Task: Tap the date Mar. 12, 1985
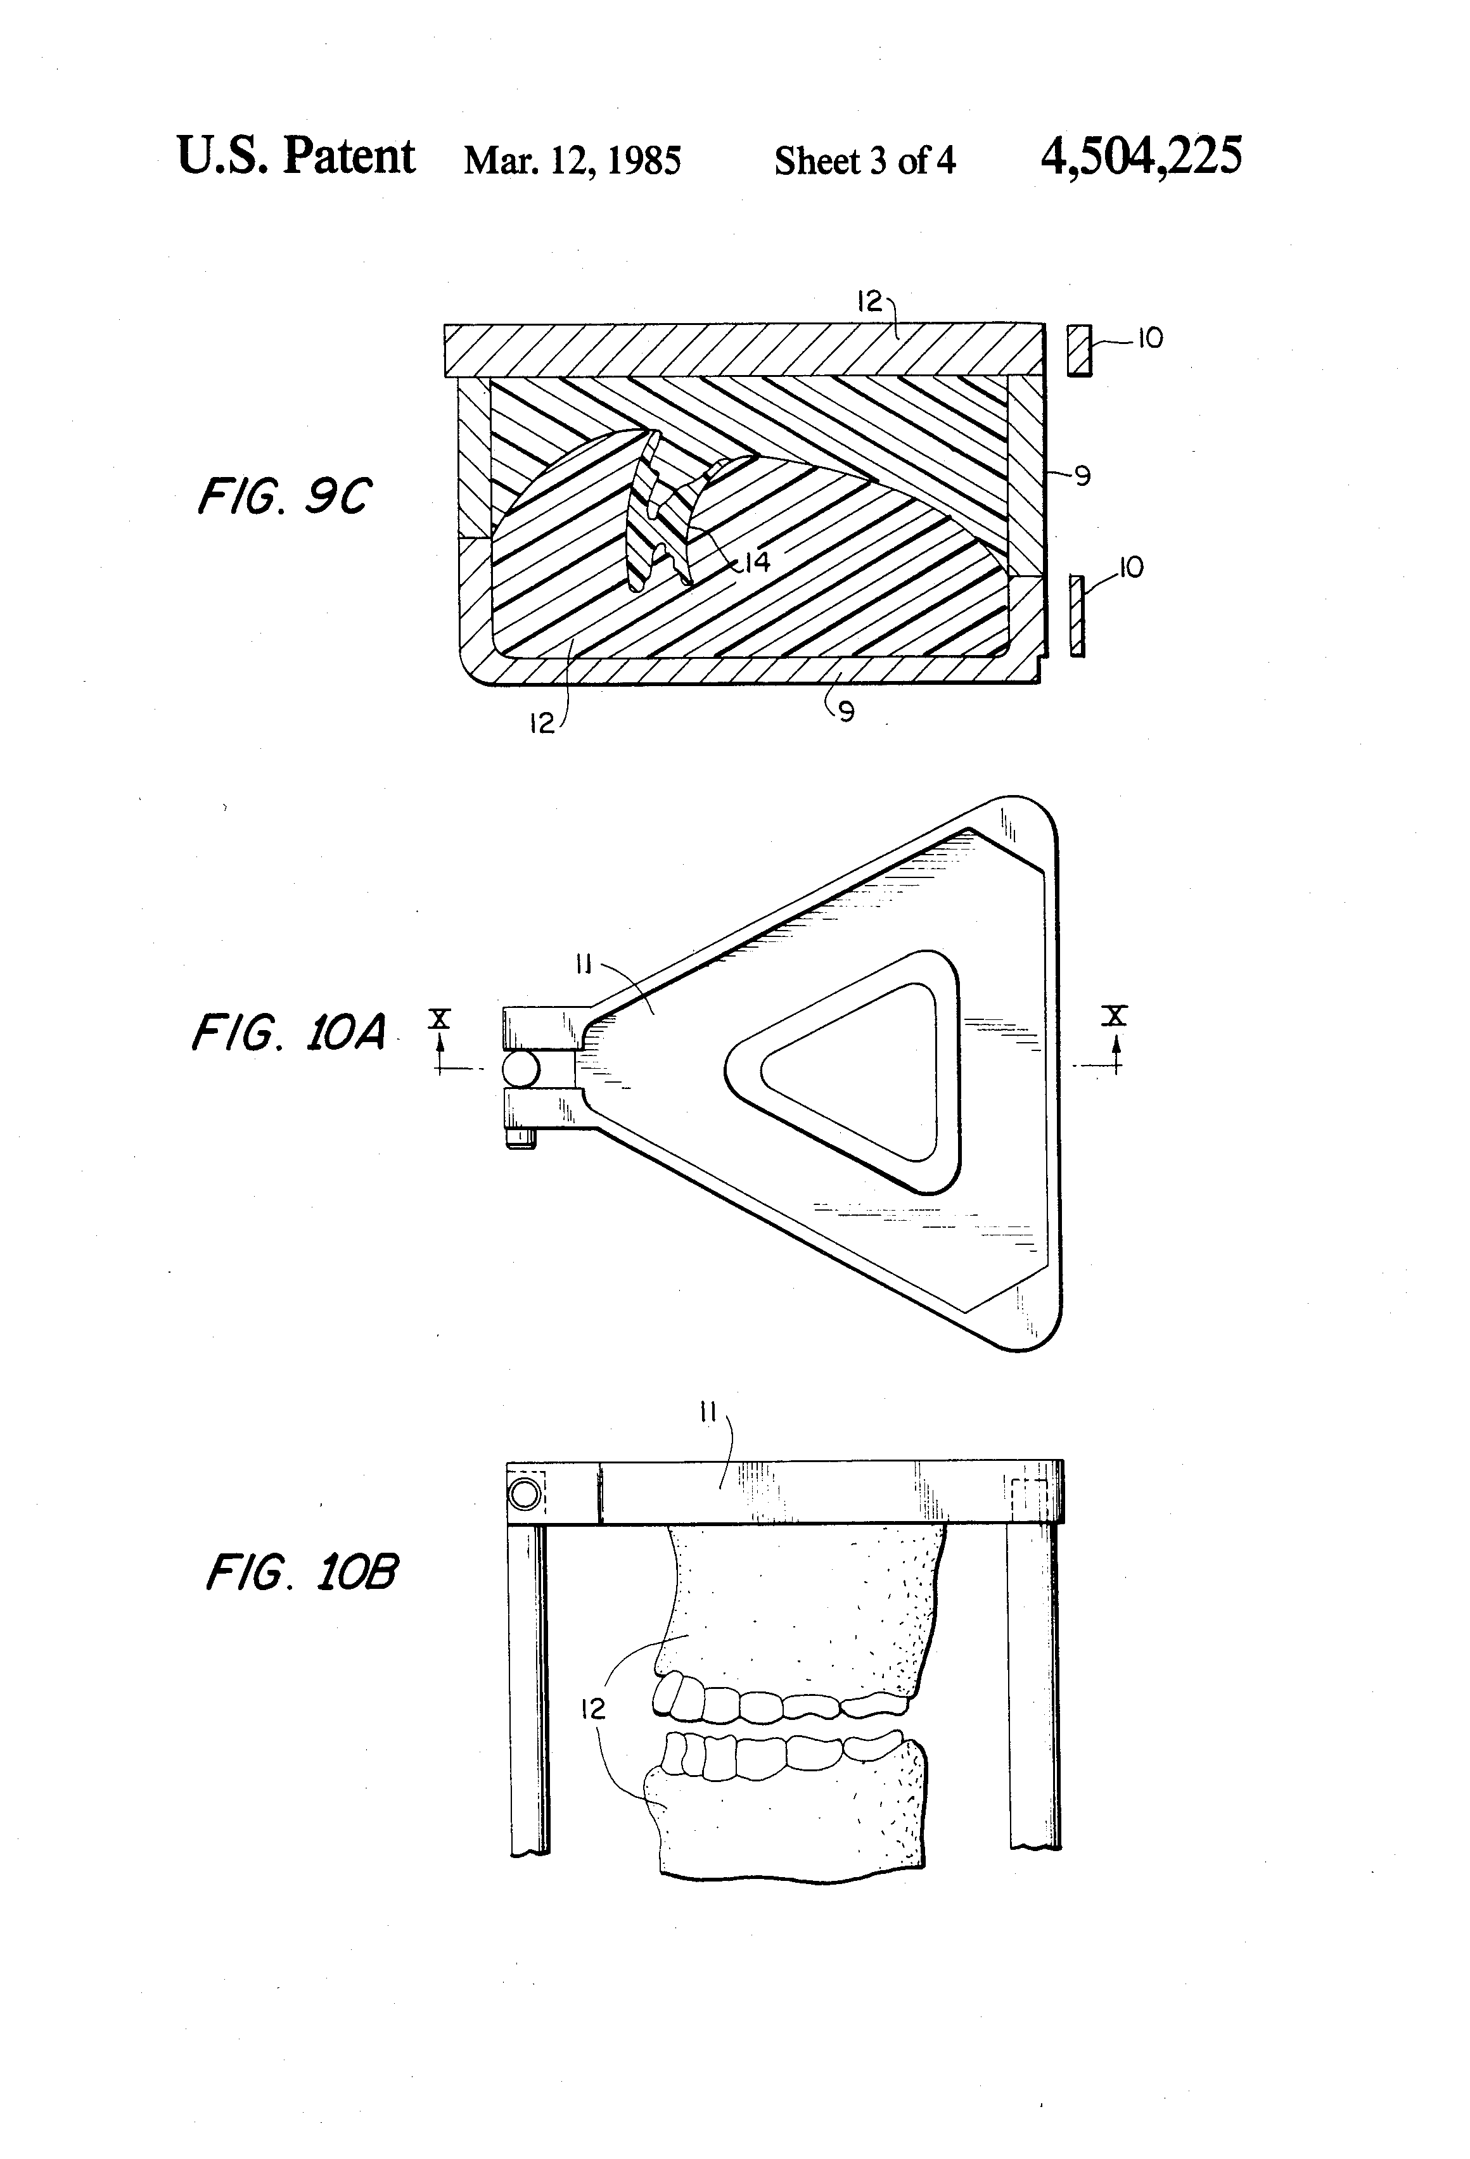[x=572, y=161]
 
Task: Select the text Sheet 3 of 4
[x=864, y=161]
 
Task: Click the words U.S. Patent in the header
[x=295, y=156]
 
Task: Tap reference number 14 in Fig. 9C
[x=757, y=561]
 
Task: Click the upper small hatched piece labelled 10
[x=1078, y=350]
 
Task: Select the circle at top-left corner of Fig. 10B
[x=525, y=1493]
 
